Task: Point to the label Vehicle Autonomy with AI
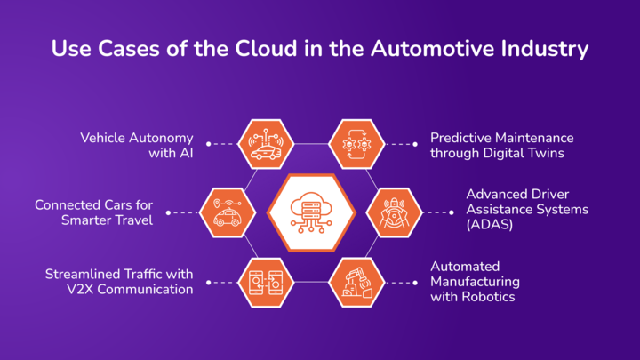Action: point(138,145)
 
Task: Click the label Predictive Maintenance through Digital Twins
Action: point(501,145)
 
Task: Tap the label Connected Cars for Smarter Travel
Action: point(93,212)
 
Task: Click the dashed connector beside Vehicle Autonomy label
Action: point(222,142)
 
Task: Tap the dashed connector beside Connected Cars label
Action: point(181,212)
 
